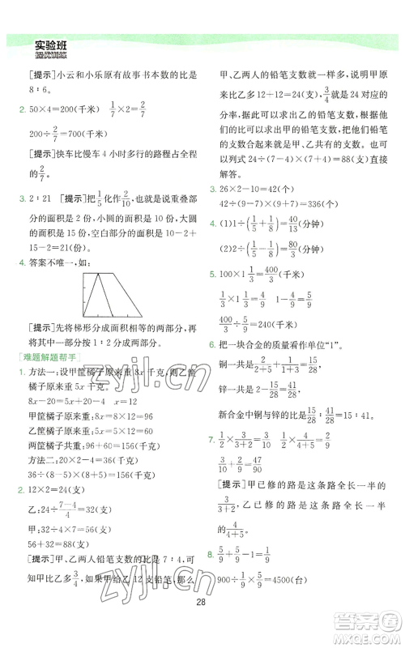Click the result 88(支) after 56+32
click(82, 543)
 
